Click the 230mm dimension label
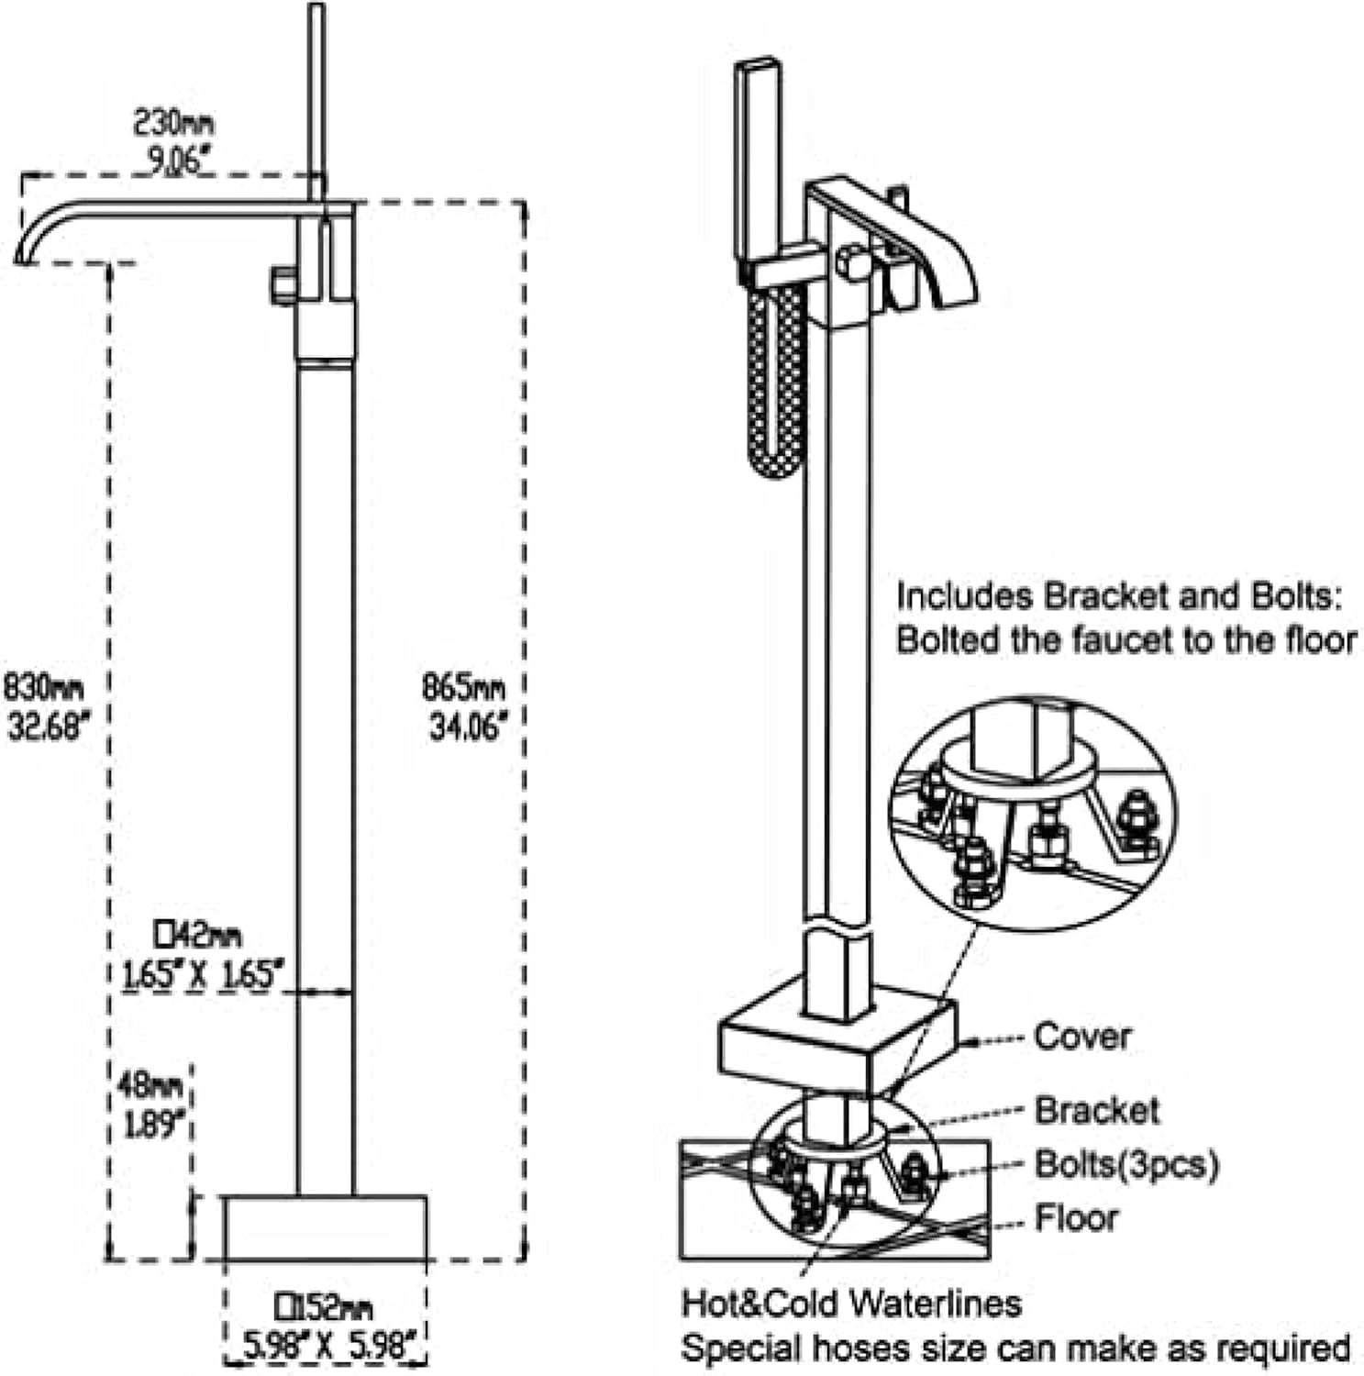[x=175, y=122]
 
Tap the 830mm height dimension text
[x=44, y=686]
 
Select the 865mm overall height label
[x=463, y=686]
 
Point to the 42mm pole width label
[x=198, y=936]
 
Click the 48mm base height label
[x=151, y=1086]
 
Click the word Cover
[x=1082, y=1037]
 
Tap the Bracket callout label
[x=1097, y=1111]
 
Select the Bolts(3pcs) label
[x=1127, y=1165]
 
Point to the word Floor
[x=1077, y=1218]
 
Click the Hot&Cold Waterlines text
[x=851, y=1303]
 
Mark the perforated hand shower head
[x=776, y=381]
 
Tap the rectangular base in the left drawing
[x=326, y=1227]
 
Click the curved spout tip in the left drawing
[x=24, y=256]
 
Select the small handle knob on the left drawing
[x=283, y=285]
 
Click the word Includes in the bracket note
[x=965, y=597]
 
